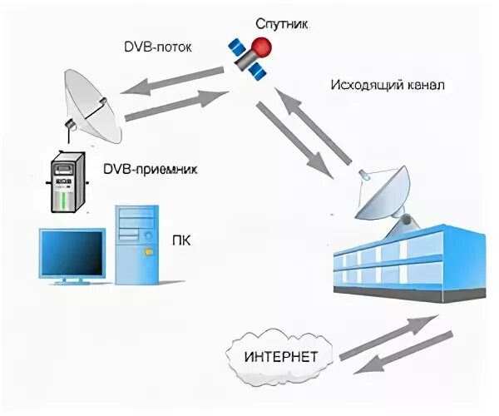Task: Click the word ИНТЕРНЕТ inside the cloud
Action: (280, 358)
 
